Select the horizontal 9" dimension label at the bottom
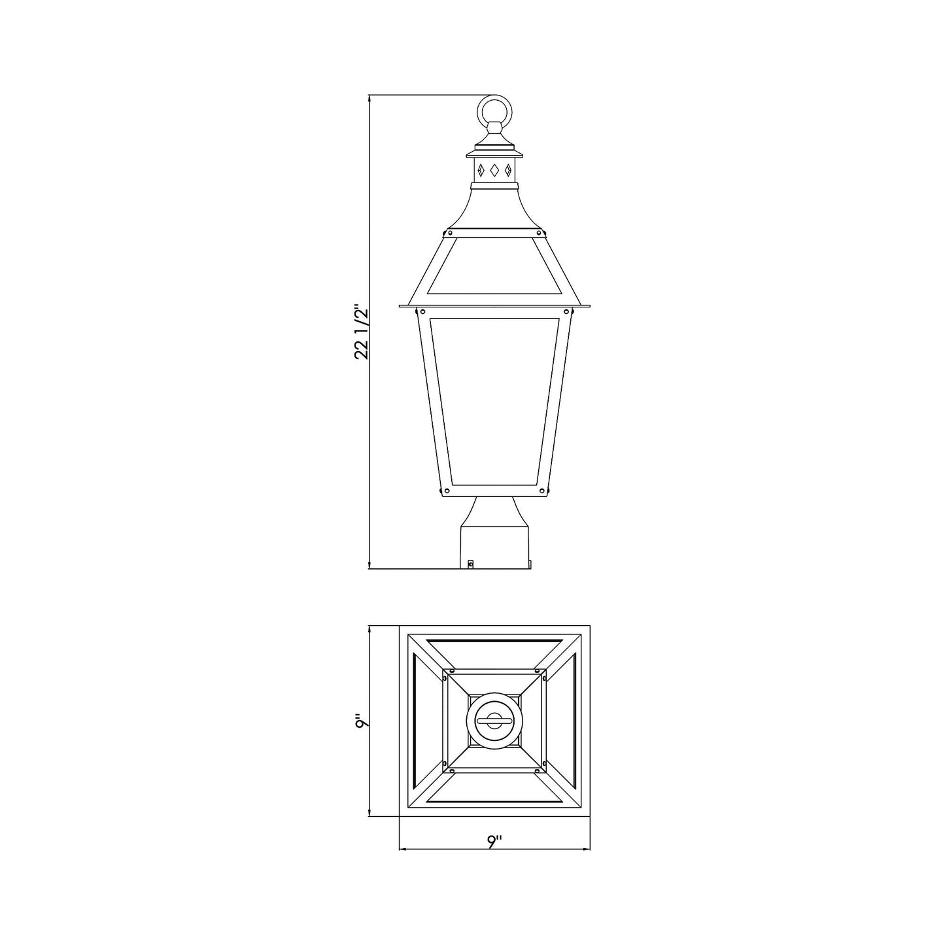(494, 842)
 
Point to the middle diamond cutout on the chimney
(494, 171)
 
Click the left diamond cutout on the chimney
(482, 171)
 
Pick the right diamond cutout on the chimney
(507, 171)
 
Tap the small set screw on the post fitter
(470, 563)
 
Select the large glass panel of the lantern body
(495, 402)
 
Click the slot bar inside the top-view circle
(494, 721)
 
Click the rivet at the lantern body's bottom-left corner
(447, 490)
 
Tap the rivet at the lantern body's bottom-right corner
(542, 490)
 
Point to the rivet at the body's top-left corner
(422, 311)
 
